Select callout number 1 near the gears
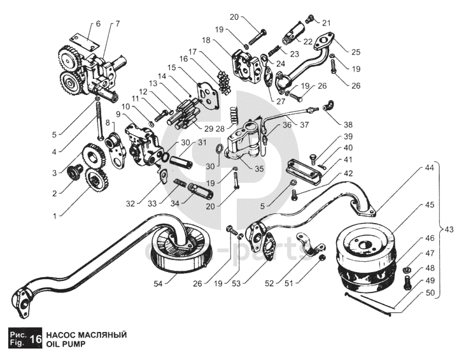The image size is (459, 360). tap(55, 216)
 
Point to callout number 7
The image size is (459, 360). tap(117, 24)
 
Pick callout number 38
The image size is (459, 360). tap(348, 125)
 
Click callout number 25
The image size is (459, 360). tap(355, 50)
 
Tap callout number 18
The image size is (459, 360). tap(206, 40)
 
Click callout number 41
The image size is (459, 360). tap(348, 159)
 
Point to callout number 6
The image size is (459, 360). tap(97, 24)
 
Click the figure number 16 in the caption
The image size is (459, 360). tap(36, 340)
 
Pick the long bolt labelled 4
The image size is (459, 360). tap(99, 120)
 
